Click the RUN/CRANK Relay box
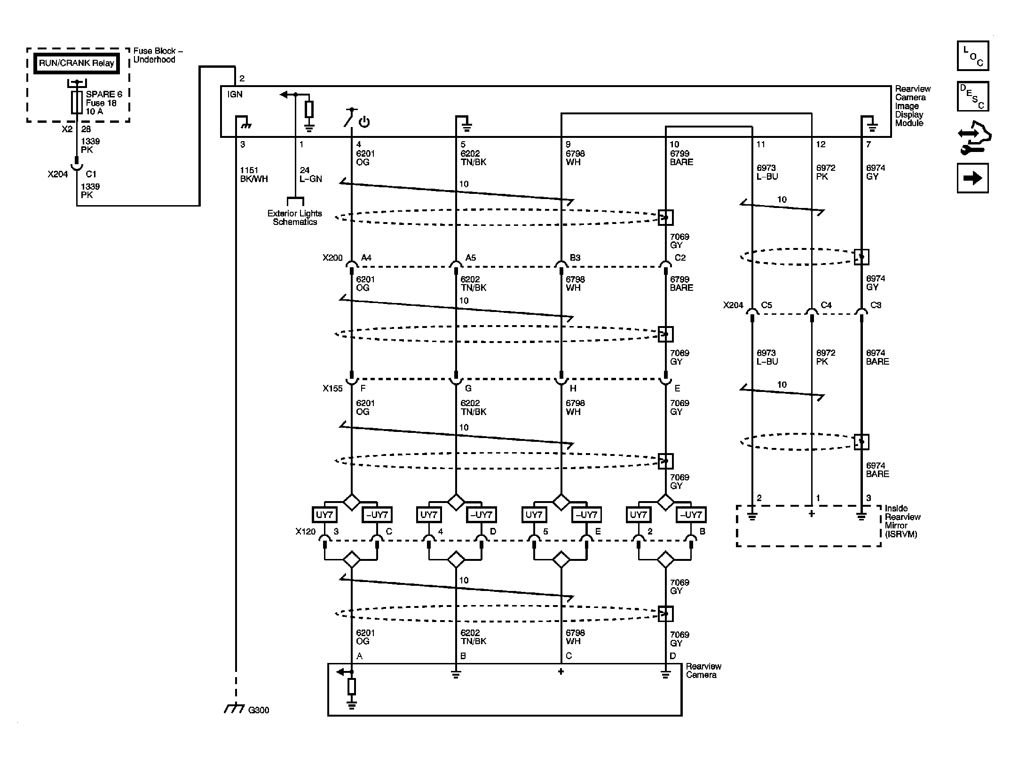pos(77,63)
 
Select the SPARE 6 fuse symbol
pos(77,103)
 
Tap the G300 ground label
pos(259,710)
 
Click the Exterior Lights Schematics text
pos(295,217)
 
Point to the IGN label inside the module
pos(235,94)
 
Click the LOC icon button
pos(973,56)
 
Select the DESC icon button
pos(973,96)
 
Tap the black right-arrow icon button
pos(973,178)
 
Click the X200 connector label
pos(332,258)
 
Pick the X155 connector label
pos(332,389)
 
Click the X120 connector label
pos(306,532)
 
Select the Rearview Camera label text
pos(703,670)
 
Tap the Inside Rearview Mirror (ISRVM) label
pos(902,521)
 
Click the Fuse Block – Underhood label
pos(158,55)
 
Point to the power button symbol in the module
pos(364,122)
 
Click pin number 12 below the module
pos(821,144)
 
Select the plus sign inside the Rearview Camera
pos(561,671)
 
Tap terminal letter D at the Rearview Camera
pos(672,656)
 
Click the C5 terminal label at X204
pos(766,305)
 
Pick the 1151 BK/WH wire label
pos(254,174)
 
